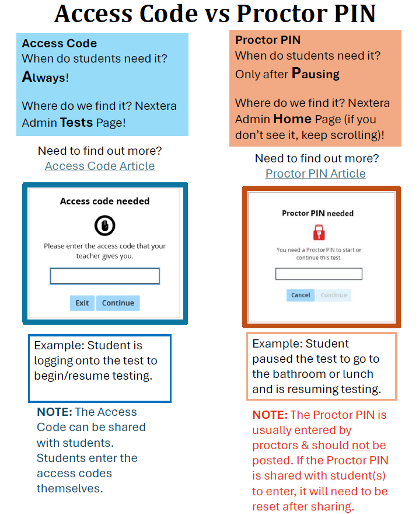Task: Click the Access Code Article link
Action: pyautogui.click(x=100, y=166)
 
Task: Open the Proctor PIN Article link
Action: pyautogui.click(x=315, y=173)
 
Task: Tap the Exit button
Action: pyautogui.click(x=82, y=303)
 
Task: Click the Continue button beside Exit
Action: pyautogui.click(x=118, y=303)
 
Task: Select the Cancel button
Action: pyautogui.click(x=301, y=295)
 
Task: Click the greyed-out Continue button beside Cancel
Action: pyautogui.click(x=334, y=295)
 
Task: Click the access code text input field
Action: pyautogui.click(x=104, y=276)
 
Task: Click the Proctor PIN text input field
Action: pyautogui.click(x=319, y=274)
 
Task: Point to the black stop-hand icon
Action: pyautogui.click(x=105, y=225)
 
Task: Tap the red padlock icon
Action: pyautogui.click(x=318, y=232)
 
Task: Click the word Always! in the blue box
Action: pyautogui.click(x=45, y=77)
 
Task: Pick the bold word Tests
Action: pyautogui.click(x=76, y=122)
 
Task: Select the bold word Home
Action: pyautogui.click(x=292, y=119)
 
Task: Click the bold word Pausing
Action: pyautogui.click(x=315, y=74)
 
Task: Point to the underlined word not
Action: pyautogui.click(x=360, y=445)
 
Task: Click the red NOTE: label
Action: pyautogui.click(x=270, y=415)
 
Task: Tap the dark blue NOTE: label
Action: pyautogui.click(x=55, y=412)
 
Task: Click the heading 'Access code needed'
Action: pyautogui.click(x=105, y=201)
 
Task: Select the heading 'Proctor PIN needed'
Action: pyautogui.click(x=318, y=213)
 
